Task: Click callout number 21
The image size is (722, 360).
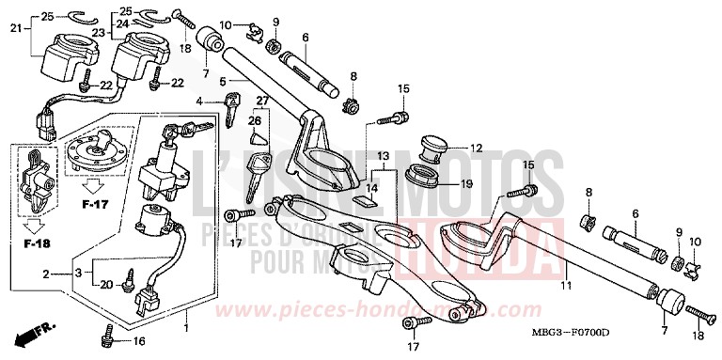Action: coord(14,30)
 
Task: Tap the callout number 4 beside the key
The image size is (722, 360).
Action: coord(198,101)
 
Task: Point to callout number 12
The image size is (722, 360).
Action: coord(476,148)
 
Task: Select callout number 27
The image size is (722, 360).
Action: coord(262,101)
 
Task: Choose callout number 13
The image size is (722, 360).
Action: coord(384,155)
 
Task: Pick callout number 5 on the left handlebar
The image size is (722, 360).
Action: coord(223,82)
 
